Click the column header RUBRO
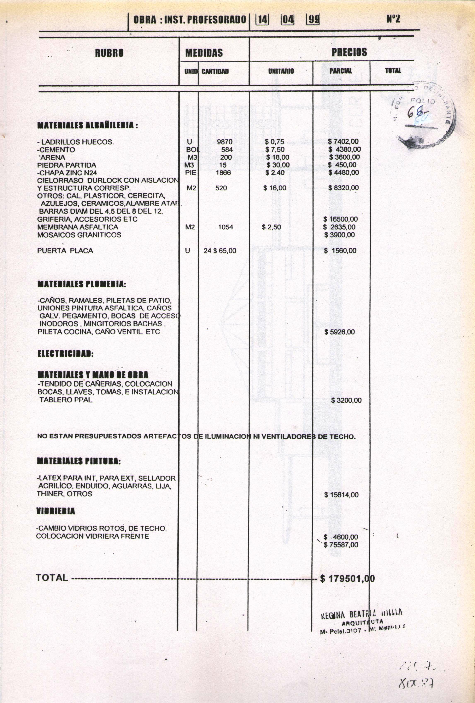tap(109, 53)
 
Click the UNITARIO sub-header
tap(281, 71)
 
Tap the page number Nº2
tap(393, 19)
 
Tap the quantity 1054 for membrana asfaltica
tap(225, 227)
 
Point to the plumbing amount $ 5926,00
tap(339, 332)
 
